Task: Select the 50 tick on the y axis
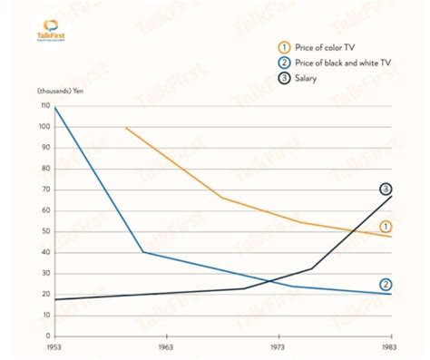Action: [x=43, y=232]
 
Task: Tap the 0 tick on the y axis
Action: [x=45, y=336]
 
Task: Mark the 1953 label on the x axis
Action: [x=54, y=347]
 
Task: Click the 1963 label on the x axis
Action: [x=166, y=347]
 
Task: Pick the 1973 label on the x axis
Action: [x=279, y=347]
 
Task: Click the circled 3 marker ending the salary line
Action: [x=386, y=189]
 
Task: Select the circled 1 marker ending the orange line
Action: [x=386, y=226]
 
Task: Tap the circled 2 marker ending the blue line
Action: [x=386, y=284]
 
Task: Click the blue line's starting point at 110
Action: [x=55, y=108]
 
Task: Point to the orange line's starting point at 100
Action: [x=126, y=128]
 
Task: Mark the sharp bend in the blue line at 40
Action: [x=142, y=252]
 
